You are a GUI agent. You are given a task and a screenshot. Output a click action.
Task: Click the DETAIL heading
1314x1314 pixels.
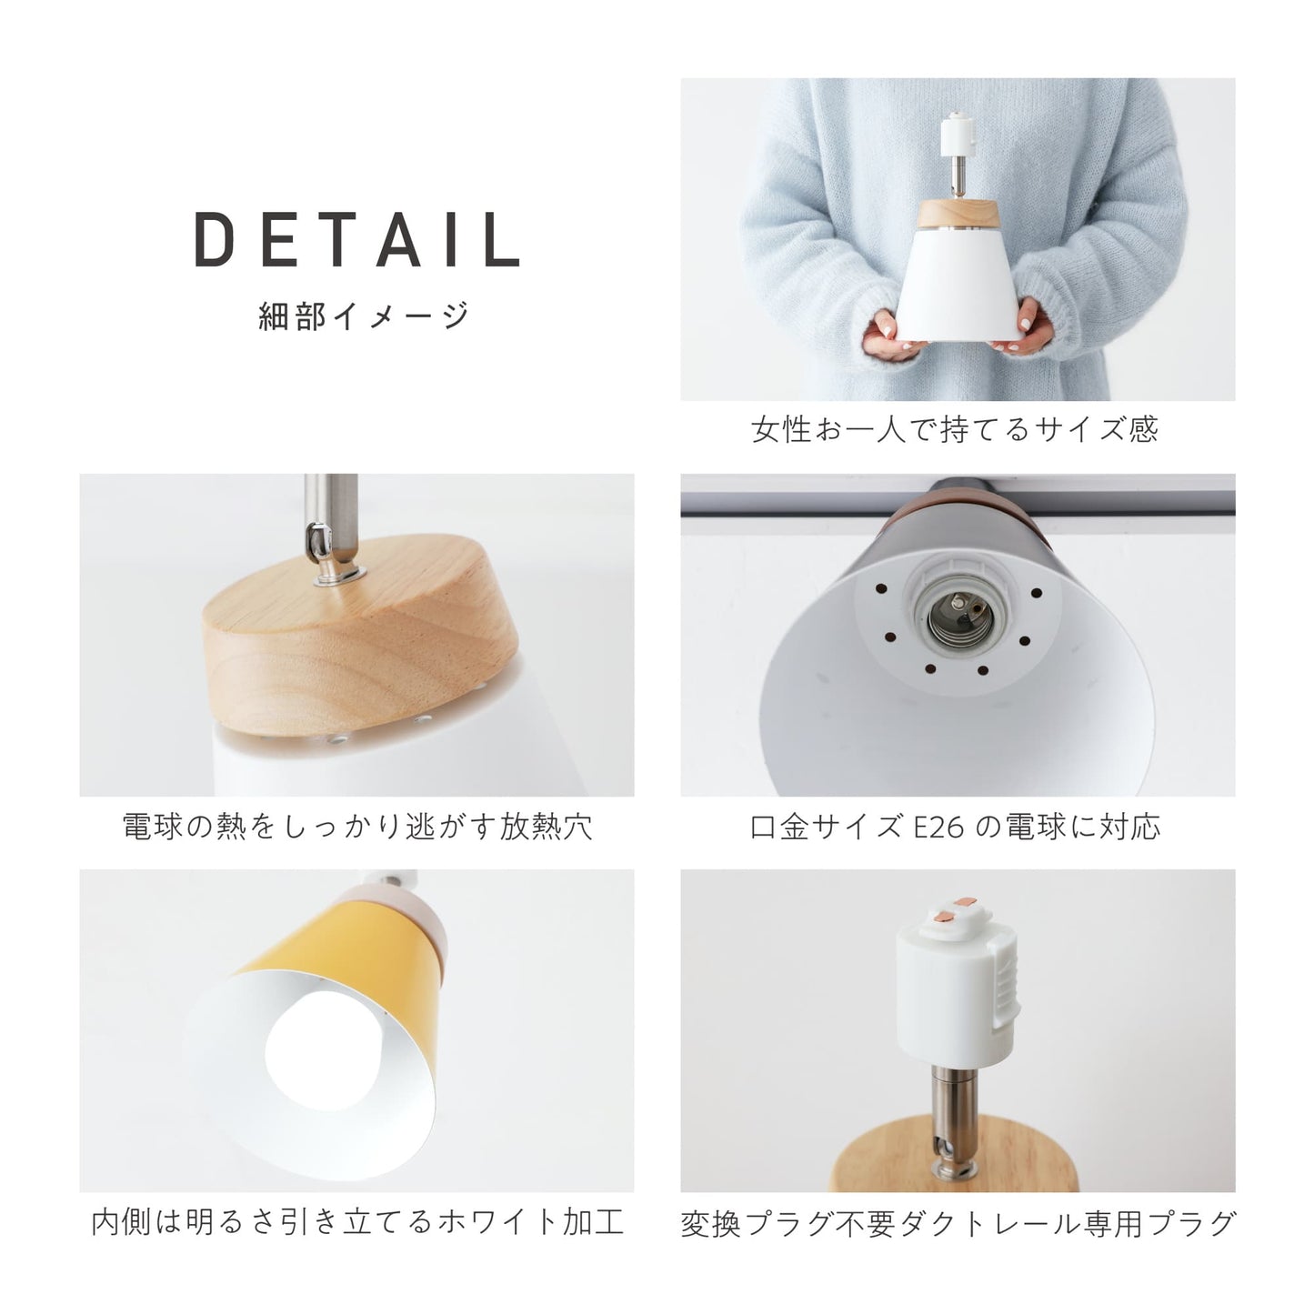[x=357, y=239]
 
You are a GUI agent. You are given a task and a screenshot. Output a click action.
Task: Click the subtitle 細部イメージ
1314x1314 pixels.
[x=364, y=316]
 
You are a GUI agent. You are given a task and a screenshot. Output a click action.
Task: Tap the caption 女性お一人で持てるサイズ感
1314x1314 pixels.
[x=955, y=429]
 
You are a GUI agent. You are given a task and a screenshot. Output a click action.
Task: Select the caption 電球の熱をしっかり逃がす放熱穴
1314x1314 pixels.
[x=357, y=827]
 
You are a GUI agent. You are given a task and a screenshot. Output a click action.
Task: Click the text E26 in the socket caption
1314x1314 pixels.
[x=939, y=828]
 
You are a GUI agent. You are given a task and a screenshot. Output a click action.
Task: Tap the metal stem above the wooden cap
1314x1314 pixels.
[x=332, y=528]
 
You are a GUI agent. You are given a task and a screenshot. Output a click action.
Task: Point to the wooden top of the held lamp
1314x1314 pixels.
[x=958, y=214]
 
